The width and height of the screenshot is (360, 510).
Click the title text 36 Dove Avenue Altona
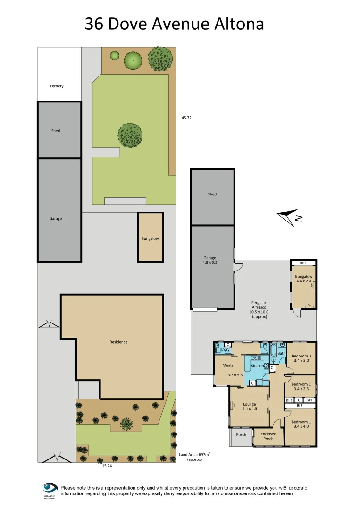click(174, 24)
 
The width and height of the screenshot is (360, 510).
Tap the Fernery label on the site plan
click(57, 86)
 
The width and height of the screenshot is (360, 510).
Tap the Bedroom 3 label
click(301, 358)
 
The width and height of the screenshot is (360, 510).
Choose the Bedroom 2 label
click(301, 386)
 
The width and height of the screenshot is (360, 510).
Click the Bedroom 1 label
click(301, 424)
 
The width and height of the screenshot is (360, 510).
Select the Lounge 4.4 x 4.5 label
click(249, 407)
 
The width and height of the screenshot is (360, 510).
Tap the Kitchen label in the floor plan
click(257, 366)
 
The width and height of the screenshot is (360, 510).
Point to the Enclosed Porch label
click(268, 436)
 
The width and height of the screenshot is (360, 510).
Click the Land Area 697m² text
click(194, 457)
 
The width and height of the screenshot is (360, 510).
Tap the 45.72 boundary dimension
click(186, 118)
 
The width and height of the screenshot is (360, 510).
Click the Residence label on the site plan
click(118, 342)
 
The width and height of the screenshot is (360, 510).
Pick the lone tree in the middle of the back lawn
click(130, 135)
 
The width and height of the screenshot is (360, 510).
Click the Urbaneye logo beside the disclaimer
click(50, 489)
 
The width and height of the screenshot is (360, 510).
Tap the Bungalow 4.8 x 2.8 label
click(304, 279)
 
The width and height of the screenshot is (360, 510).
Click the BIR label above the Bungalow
click(302, 263)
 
